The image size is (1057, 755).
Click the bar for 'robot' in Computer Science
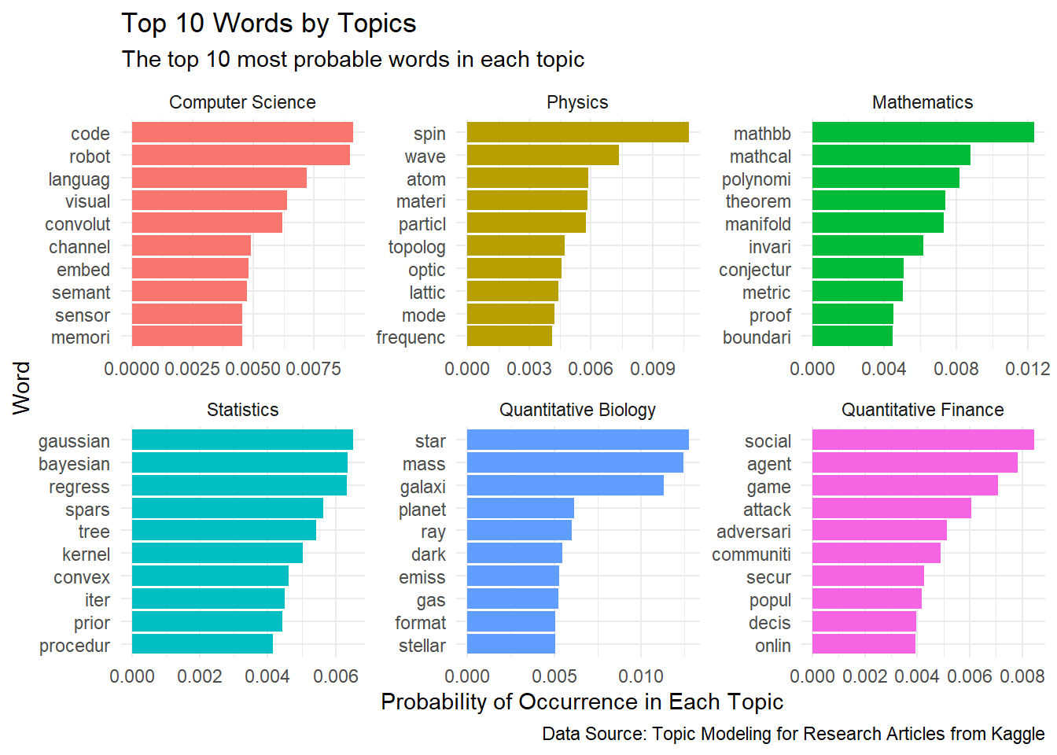[241, 156]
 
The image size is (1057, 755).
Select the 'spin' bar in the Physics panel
[577, 133]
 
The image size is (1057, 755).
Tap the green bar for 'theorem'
[878, 201]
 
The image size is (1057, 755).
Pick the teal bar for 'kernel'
[217, 554]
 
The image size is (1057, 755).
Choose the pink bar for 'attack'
[891, 509]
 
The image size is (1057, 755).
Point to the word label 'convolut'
[78, 224]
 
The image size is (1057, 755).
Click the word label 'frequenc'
[411, 337]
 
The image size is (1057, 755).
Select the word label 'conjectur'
[755, 270]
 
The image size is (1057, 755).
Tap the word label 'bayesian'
[74, 464]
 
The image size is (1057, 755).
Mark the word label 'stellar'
[422, 646]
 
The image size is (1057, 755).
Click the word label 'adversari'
[753, 532]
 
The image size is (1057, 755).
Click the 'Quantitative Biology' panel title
[577, 410]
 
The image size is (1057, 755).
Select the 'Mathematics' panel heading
[923, 102]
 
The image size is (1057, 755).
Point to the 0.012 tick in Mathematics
[1028, 369]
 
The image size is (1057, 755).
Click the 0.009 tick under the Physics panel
[653, 369]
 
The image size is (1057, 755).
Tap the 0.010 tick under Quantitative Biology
[641, 676]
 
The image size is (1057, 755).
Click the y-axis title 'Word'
[21, 388]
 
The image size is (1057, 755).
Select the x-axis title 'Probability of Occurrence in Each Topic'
[582, 702]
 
